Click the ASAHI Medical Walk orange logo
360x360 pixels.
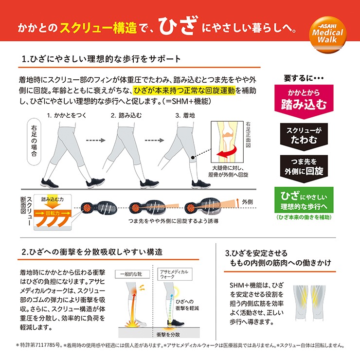pos(327,35)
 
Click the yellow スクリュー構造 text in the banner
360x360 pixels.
pos(98,28)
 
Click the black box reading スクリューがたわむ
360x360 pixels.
pos(304,136)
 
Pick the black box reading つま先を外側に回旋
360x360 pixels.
pos(304,168)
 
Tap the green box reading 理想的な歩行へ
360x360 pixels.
pos(304,200)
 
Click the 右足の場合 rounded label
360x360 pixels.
pos(34,142)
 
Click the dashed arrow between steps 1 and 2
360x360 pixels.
pos(95,140)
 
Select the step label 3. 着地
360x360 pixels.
pos(185,115)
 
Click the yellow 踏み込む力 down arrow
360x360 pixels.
pos(53,204)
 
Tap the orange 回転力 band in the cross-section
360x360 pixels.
pos(53,213)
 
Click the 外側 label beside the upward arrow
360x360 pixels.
pos(247,202)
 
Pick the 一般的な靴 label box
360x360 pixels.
pos(132,274)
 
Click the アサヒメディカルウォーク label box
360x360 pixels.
pos(175,274)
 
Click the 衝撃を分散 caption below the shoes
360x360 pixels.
pos(168,335)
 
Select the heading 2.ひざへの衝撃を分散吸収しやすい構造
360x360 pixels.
pos(92,252)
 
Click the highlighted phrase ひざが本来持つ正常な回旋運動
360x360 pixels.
pos(184,90)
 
